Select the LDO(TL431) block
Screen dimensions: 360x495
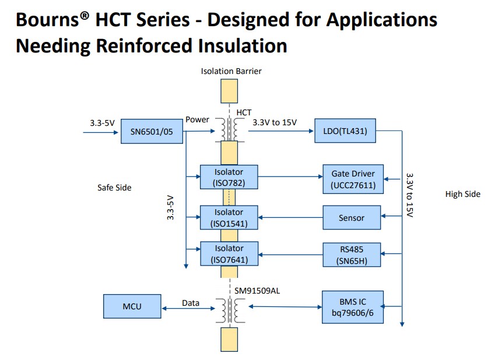coord(345,130)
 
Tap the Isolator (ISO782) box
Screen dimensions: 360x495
coord(229,178)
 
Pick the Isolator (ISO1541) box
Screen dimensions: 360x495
coord(229,218)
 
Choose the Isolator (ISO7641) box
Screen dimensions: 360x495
coord(229,254)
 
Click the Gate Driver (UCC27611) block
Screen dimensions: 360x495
coord(353,179)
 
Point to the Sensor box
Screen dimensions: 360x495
coord(352,218)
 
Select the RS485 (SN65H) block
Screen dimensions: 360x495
coord(352,255)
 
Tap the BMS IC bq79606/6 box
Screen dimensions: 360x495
coord(353,306)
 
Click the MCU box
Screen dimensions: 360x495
coord(132,306)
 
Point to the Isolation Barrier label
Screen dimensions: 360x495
coord(231,71)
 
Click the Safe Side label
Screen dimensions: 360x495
coord(114,188)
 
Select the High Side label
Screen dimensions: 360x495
coord(462,194)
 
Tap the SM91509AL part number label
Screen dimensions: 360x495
coord(258,291)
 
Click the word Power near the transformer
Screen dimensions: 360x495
coord(197,119)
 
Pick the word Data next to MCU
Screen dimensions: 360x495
coord(191,303)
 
